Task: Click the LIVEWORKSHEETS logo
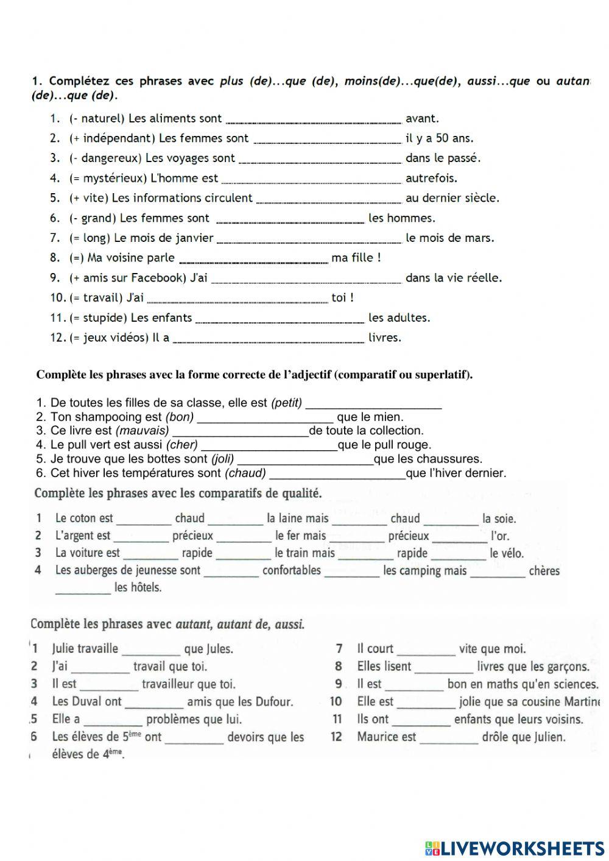coord(515,848)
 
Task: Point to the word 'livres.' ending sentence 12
coord(385,338)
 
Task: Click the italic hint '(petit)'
coord(286,403)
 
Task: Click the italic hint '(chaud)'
coord(245,473)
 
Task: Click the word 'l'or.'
coord(500,536)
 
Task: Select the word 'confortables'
coord(291,571)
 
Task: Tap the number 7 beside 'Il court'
coord(339,649)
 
